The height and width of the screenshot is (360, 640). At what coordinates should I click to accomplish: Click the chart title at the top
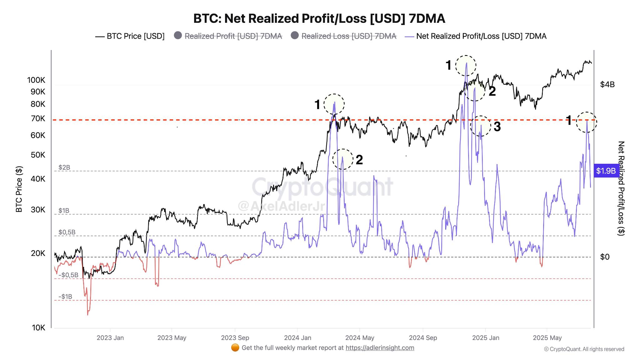click(x=319, y=18)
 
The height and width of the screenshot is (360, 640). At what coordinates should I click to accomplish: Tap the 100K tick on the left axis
click(x=36, y=80)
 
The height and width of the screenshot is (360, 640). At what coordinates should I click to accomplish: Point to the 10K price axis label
click(x=38, y=327)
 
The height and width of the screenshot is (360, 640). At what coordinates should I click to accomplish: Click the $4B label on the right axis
click(x=607, y=85)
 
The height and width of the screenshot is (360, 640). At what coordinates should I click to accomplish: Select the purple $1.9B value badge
click(x=606, y=171)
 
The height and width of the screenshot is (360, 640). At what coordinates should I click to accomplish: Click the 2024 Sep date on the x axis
click(x=423, y=338)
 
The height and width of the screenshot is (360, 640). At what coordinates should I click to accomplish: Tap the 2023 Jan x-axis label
click(x=110, y=338)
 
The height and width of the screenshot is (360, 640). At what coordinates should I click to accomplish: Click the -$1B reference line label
click(x=65, y=297)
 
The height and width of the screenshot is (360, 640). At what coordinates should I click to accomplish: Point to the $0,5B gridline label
click(x=67, y=232)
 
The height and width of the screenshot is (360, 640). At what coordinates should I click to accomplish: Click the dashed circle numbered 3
click(x=481, y=126)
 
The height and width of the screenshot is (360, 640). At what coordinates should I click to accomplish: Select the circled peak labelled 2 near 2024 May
click(x=343, y=159)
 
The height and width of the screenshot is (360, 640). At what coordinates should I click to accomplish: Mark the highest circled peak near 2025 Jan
click(x=466, y=65)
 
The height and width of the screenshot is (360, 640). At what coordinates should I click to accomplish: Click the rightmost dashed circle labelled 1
click(x=587, y=122)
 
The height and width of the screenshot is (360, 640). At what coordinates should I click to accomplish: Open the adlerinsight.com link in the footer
click(x=380, y=348)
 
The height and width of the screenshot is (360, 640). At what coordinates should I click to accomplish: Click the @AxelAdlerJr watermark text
click(x=281, y=206)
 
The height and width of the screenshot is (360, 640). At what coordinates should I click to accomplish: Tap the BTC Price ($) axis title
click(x=19, y=189)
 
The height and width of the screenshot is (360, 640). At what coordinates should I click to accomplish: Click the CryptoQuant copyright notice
click(x=584, y=349)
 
